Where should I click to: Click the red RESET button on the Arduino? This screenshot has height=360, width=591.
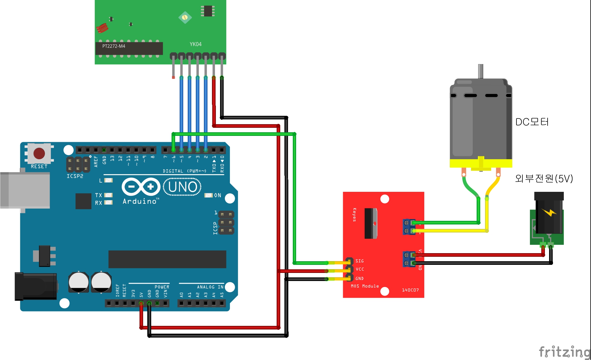pyautogui.click(x=39, y=154)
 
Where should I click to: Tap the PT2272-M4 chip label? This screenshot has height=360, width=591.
pyautogui.click(x=114, y=46)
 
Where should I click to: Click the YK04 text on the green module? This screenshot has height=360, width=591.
pyautogui.click(x=196, y=44)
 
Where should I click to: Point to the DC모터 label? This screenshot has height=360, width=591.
pyautogui.click(x=532, y=122)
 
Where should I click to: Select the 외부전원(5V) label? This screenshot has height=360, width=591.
pyautogui.click(x=544, y=179)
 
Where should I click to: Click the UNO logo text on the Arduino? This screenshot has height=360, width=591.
pyautogui.click(x=183, y=187)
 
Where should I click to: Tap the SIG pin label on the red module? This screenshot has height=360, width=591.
pyautogui.click(x=360, y=261)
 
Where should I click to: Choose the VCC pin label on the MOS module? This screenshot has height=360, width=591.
pyautogui.click(x=360, y=269)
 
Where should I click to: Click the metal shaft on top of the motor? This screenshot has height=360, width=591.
pyautogui.click(x=481, y=71)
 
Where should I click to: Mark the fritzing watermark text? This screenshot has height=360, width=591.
pyautogui.click(x=564, y=352)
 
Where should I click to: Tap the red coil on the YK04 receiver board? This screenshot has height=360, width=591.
pyautogui.click(x=102, y=28)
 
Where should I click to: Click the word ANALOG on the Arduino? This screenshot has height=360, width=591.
pyautogui.click(x=206, y=287)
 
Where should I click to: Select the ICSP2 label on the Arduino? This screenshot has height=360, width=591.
pyautogui.click(x=75, y=176)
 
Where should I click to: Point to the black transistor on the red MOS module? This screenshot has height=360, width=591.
pyautogui.click(x=371, y=223)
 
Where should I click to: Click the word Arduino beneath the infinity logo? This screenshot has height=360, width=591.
pyautogui.click(x=140, y=201)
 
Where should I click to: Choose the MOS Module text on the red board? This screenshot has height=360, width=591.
pyautogui.click(x=365, y=286)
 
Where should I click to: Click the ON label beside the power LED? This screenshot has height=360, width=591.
pyautogui.click(x=218, y=195)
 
